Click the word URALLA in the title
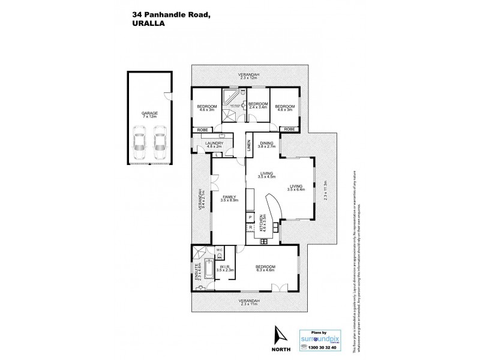click(145, 25)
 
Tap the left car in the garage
click(139, 141)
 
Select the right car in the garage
click(159, 141)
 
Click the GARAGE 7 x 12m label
click(149, 115)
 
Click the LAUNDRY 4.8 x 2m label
click(214, 145)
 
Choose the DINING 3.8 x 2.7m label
click(266, 144)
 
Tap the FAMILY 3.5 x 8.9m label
click(229, 199)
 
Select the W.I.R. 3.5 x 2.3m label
click(226, 269)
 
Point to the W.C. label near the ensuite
click(219, 250)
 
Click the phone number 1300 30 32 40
click(318, 348)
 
